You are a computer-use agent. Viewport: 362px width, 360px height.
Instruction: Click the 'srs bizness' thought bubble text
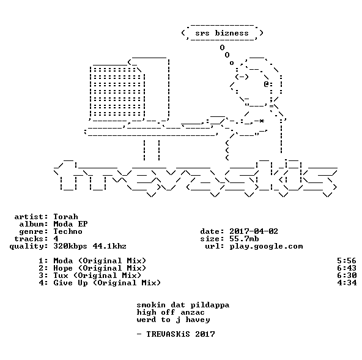tap(222, 33)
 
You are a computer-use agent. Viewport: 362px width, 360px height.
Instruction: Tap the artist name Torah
tap(66, 217)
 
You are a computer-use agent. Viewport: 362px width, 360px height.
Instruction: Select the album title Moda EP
tap(71, 224)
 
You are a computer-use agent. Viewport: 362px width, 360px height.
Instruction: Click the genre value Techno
tap(68, 231)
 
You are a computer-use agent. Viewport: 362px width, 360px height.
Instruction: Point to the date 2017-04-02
tap(254, 231)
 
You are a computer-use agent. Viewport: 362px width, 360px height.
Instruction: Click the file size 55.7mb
tap(244, 239)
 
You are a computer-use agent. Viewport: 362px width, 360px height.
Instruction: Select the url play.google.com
tap(266, 246)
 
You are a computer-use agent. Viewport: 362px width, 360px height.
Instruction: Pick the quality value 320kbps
tap(70, 246)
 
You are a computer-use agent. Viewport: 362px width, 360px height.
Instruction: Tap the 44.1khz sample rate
tap(109, 246)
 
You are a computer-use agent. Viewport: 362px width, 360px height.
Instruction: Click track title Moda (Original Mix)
tap(100, 261)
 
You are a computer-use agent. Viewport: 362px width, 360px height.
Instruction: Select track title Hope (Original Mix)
tap(100, 268)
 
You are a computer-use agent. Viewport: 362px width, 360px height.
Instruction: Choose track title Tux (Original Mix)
tap(97, 276)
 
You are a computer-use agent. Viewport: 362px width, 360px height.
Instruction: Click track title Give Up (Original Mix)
tap(107, 283)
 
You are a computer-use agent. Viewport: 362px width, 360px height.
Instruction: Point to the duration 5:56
tap(347, 261)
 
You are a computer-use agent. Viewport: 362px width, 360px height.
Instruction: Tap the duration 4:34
tap(347, 283)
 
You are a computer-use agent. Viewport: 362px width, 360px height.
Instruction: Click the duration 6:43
tap(347, 268)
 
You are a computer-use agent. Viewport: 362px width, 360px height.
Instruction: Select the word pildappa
tap(210, 306)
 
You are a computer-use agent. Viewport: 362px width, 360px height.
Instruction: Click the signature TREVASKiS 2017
tap(181, 334)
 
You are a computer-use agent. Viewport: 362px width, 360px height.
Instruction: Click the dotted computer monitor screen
tap(117, 92)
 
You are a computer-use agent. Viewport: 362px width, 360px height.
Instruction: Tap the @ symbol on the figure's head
tap(267, 84)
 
